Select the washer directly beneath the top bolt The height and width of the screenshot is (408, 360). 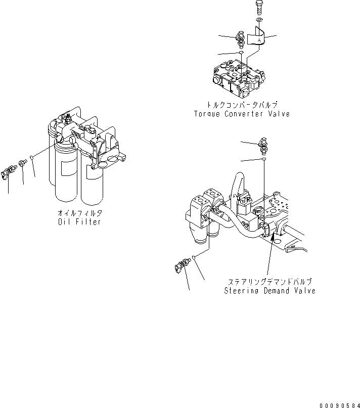[258, 20]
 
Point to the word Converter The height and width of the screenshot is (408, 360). [245, 114]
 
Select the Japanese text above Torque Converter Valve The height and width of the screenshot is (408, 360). [242, 105]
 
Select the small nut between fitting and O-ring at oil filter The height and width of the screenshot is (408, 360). [22, 164]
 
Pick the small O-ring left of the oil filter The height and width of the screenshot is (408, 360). [32, 158]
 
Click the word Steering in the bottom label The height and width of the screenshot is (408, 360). [241, 291]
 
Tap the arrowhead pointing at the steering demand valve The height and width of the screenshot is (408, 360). [273, 236]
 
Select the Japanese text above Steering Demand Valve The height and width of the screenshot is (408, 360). [269, 282]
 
